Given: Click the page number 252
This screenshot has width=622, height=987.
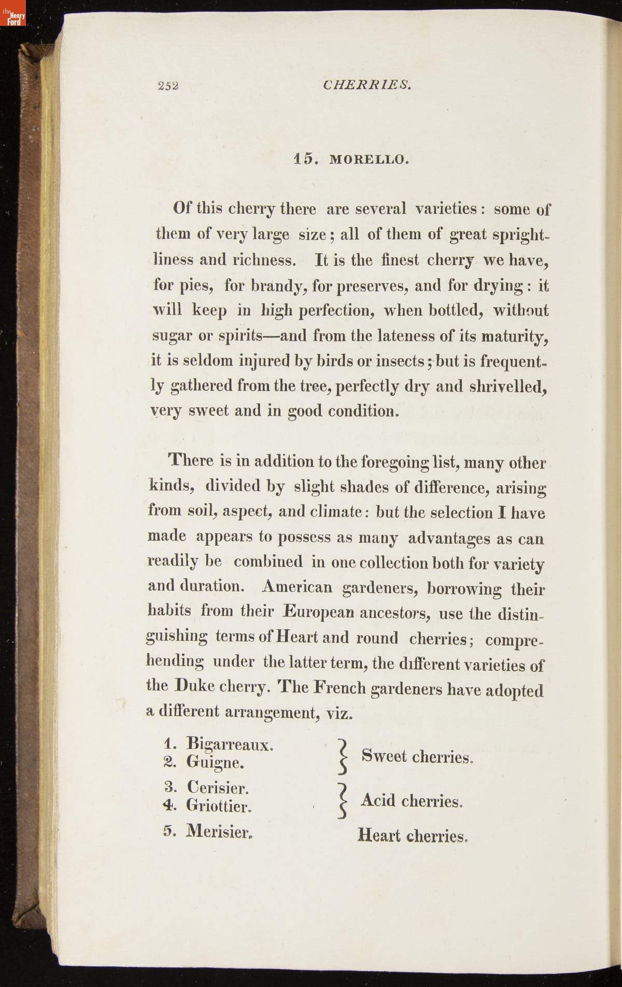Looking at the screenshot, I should pos(168,86).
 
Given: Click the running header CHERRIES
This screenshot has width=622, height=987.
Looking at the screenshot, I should pos(367,84).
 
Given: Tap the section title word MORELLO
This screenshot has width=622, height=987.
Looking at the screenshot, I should pos(369,160).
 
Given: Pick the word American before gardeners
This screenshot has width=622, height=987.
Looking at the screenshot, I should pos(298,587).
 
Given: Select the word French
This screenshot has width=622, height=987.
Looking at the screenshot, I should pos(340,688).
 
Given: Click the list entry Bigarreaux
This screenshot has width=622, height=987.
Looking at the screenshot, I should pos(230,744).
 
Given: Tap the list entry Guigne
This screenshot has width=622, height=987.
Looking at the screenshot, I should pos(215,763).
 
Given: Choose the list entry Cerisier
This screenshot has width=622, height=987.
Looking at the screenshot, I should pos(218,788).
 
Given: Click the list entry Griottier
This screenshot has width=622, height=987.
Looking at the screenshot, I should pos(219,806).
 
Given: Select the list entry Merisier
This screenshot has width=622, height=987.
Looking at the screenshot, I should pos(219,831).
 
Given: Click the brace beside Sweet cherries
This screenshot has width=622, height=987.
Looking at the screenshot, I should pos(341,756).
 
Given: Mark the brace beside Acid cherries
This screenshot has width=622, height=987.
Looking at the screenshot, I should pos(341,800).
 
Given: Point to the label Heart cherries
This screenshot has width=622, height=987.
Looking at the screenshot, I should pos(413,836).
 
